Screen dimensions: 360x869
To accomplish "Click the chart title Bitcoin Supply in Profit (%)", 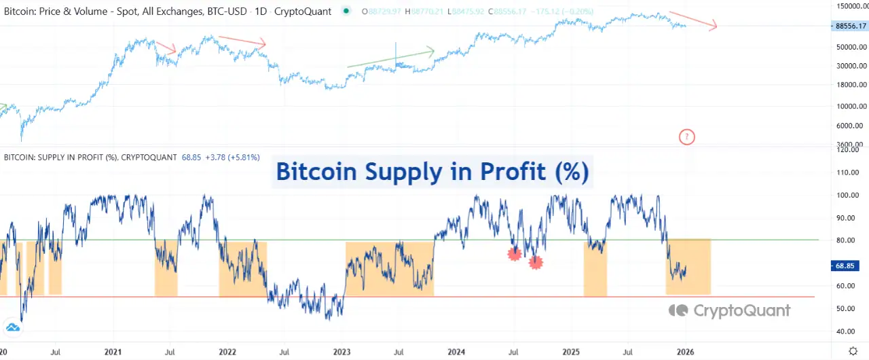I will [432, 172].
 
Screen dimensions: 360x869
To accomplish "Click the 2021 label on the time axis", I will [113, 353].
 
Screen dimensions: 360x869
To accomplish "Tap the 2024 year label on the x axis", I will [456, 353].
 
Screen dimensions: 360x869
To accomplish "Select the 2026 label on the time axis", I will [686, 353].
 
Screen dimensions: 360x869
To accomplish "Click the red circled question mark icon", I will [687, 137].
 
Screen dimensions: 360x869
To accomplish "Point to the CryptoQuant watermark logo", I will [730, 310].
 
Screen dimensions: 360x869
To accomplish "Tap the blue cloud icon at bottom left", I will [13, 328].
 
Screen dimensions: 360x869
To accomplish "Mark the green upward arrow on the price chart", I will [390, 58].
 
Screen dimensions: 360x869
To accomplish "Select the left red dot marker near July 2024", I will [514, 254].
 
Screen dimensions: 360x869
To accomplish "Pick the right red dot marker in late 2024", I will [536, 262].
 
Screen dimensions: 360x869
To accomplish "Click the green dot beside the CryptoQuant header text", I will [347, 11].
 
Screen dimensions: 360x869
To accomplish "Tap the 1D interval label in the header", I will [260, 12].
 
